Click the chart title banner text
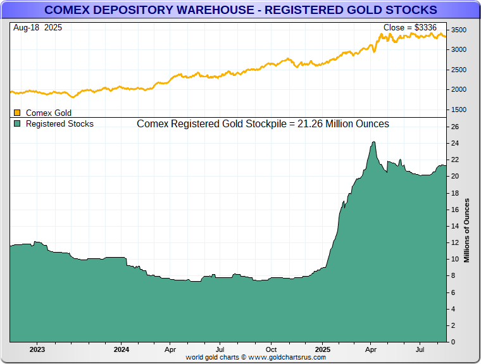pos(240,10)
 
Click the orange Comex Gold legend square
pos(17,113)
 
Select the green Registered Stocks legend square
pos(17,124)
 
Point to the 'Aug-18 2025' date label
pos(37,28)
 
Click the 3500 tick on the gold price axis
pos(458,30)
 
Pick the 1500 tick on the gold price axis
pos(458,110)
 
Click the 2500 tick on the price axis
pos(458,70)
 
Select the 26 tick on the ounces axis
pos(454,127)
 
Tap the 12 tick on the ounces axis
pos(454,242)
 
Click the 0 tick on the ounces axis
pos(453,342)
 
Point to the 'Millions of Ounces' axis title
pos(467,230)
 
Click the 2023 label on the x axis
pos(37,349)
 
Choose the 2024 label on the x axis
pos(122,349)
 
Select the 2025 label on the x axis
pos(323,349)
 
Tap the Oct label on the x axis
pos(271,349)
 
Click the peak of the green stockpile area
pos(373,142)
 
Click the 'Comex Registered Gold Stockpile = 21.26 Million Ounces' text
pos(263,124)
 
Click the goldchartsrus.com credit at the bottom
pos(256,358)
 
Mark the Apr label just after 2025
pos(372,349)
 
